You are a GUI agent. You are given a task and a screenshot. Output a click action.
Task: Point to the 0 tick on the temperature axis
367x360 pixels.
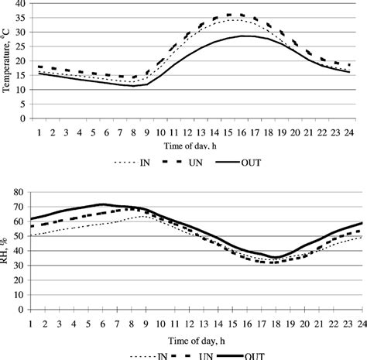23,124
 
